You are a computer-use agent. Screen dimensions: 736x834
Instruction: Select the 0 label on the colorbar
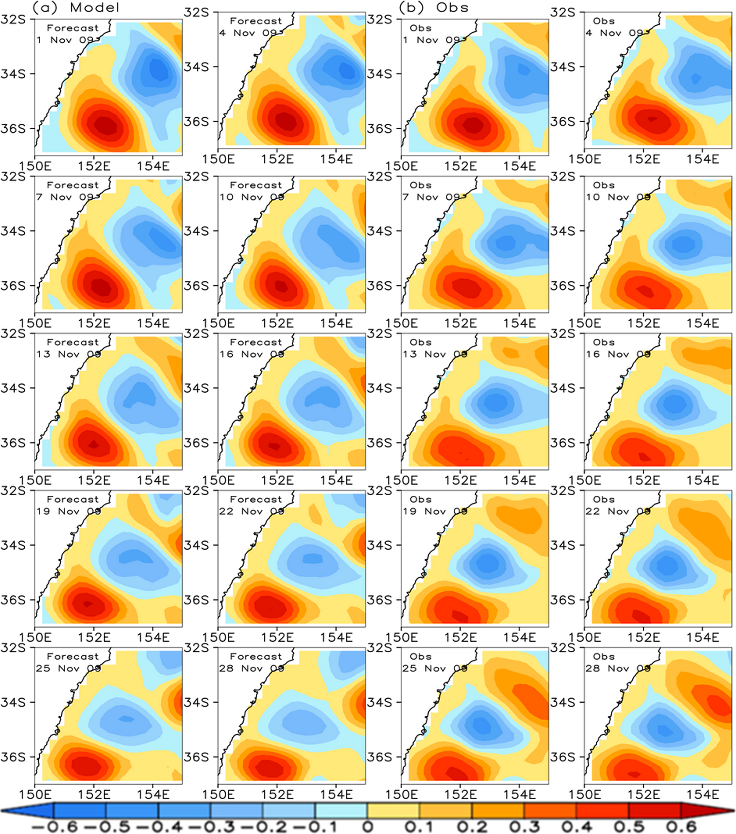click(368, 827)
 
